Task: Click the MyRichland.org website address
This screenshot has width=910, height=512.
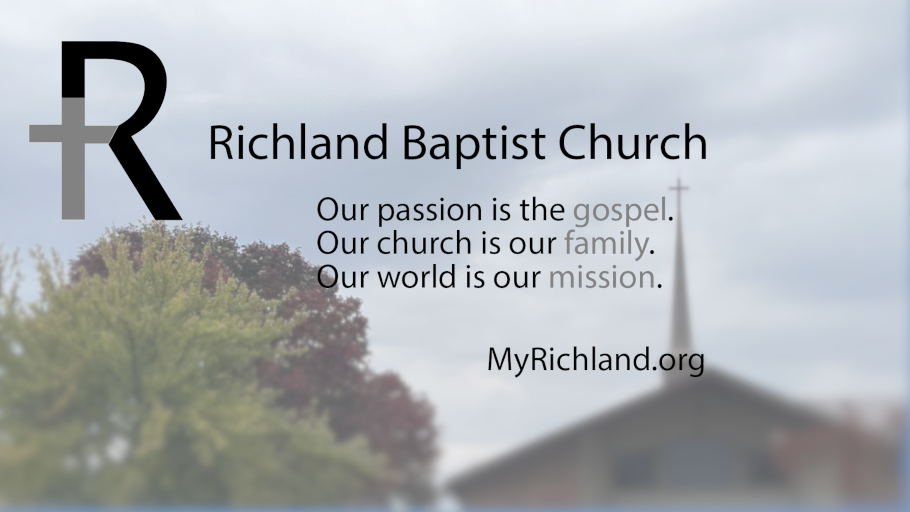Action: pos(596,361)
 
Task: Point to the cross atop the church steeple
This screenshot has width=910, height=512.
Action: pos(678,188)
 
